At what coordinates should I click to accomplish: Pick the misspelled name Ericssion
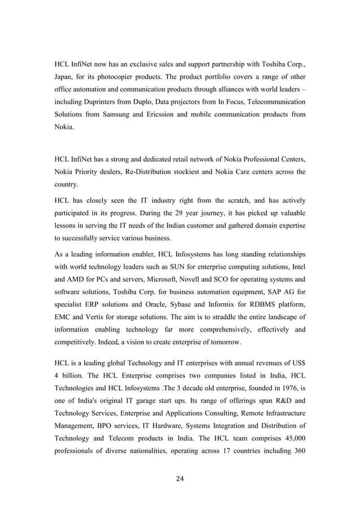(171, 115)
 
